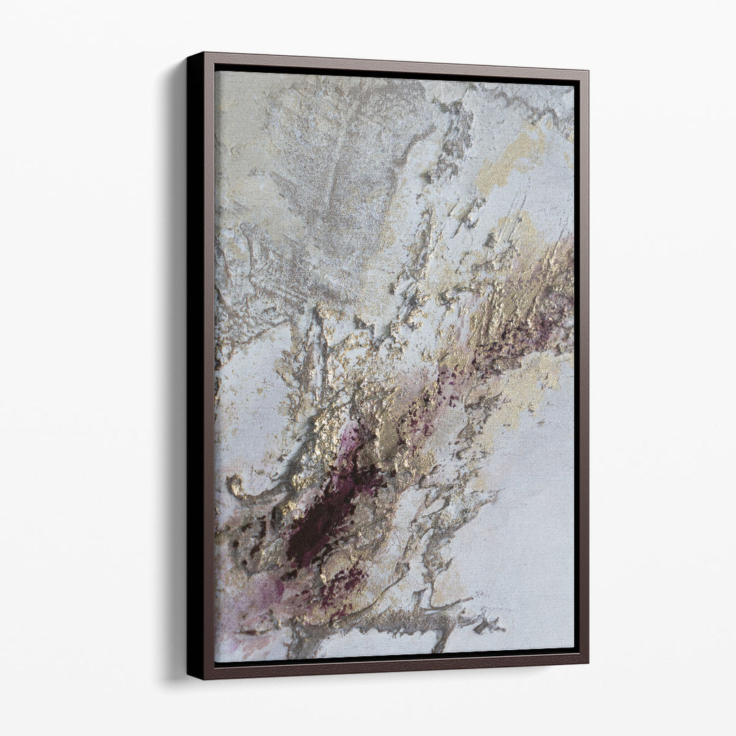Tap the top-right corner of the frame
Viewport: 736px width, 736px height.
coord(588,70)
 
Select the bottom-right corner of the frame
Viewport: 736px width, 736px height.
coord(588,662)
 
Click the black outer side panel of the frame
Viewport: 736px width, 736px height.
coord(196,368)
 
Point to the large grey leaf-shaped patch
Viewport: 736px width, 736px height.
coord(327,177)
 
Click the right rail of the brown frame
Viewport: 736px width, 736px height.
coord(583,368)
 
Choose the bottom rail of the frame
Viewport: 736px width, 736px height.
coord(395,668)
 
